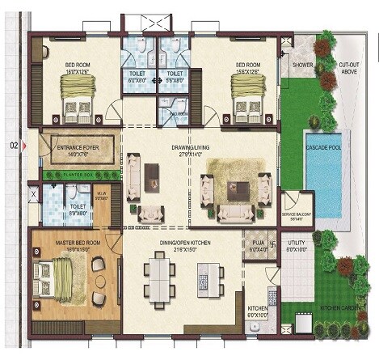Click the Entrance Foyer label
point(77,149)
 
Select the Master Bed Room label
point(78,243)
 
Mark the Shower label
point(303,64)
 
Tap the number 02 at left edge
point(13,146)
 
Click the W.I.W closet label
point(103,195)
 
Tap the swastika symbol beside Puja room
point(273,242)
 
